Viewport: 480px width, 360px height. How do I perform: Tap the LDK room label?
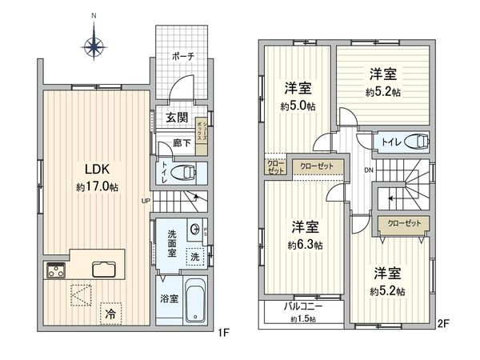(98, 170)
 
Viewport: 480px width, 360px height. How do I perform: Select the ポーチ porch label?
(182, 58)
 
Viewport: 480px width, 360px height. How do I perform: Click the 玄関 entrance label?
(177, 117)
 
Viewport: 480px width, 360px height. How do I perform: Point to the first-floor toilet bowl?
(186, 170)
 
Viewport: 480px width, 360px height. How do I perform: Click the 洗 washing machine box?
(194, 257)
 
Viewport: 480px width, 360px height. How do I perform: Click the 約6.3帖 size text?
(307, 244)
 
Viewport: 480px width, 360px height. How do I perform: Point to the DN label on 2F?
(368, 170)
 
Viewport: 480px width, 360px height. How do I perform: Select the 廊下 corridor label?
(182, 143)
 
